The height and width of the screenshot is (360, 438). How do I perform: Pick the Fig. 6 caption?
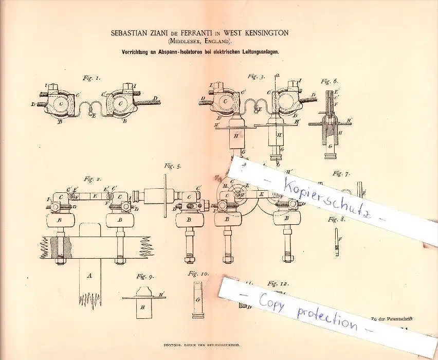pyautogui.click(x=330, y=81)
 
